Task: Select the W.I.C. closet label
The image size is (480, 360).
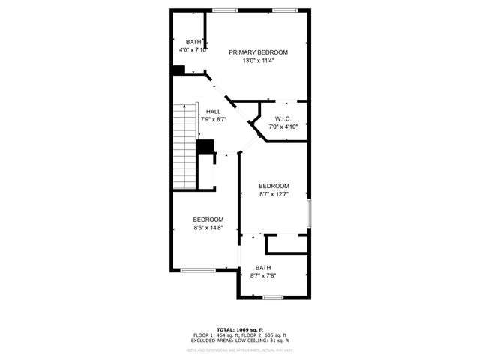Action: pos(283,118)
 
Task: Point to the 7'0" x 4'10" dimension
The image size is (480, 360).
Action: pos(283,127)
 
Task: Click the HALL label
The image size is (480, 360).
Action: pos(213,112)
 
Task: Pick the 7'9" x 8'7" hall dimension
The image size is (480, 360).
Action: pos(213,120)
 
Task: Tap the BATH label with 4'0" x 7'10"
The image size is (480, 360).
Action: pos(193,42)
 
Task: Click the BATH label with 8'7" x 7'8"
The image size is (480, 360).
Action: pos(262,268)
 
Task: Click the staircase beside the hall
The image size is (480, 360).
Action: pos(184,146)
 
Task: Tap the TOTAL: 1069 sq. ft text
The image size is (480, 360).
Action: pos(240,329)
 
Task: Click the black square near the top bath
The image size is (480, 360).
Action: pos(178,70)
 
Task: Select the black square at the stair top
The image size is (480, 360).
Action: pos(204,147)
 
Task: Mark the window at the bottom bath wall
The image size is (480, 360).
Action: pos(273,297)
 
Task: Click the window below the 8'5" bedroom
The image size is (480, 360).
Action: pos(198,269)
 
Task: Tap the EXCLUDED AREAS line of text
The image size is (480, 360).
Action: pos(240,341)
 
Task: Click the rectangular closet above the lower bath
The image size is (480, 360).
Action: pos(287,244)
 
